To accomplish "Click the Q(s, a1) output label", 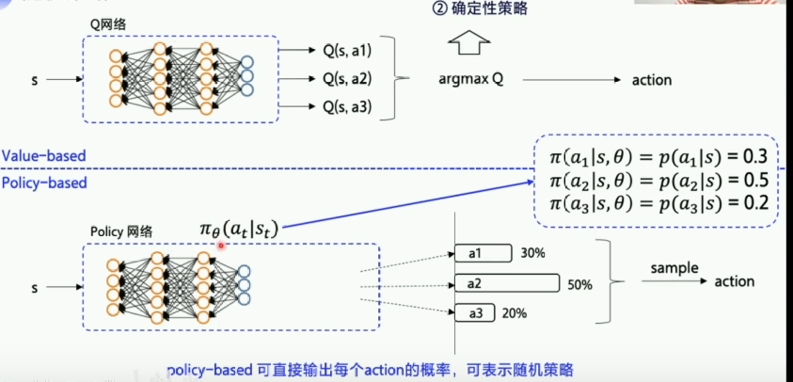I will [348, 52].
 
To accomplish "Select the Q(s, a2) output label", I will [348, 79].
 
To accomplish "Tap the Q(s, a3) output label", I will [348, 106].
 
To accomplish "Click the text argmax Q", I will [471, 80].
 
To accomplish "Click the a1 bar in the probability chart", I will [482, 253].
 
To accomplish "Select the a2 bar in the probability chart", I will [507, 282].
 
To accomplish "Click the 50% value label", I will [580, 283].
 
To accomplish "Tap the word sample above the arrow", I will [674, 268].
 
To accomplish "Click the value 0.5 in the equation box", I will [760, 179].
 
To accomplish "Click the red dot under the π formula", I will [220, 245].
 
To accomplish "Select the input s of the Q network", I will [35, 80].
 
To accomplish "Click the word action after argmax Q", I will [651, 80].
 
